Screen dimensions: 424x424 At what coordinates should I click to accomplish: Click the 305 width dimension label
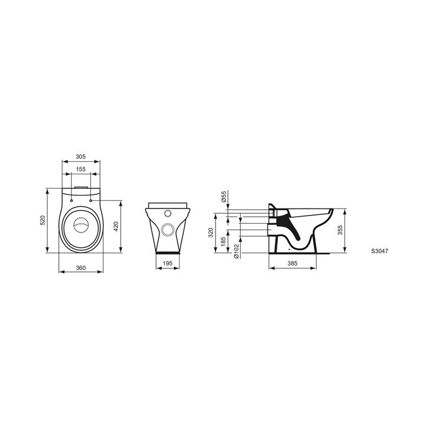tap(81, 157)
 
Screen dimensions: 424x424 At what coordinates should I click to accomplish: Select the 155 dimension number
tap(81, 169)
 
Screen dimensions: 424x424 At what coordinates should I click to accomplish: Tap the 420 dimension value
tap(117, 226)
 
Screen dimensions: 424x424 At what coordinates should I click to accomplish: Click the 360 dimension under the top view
tap(81, 268)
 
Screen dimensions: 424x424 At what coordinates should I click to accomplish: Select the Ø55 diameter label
tap(224, 196)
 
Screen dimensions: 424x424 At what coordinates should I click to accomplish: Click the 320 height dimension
tap(211, 233)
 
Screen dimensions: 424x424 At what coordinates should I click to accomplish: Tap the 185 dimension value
tap(224, 242)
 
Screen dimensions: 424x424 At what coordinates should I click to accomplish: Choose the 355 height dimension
tap(341, 230)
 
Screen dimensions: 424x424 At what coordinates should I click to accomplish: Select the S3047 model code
tap(379, 250)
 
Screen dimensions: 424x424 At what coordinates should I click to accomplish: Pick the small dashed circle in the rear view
tap(167, 214)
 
